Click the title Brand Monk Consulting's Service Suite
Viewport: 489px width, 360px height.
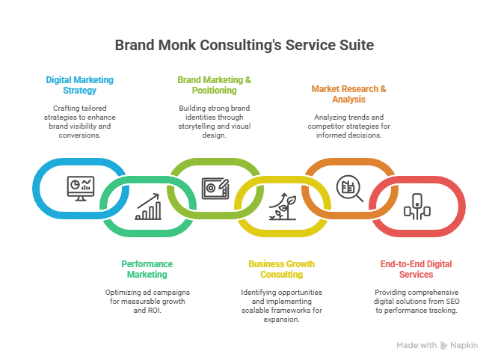244,45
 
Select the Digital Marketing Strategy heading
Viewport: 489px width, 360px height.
71,85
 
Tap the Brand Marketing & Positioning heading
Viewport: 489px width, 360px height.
214,85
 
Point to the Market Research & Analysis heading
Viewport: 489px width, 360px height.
349,94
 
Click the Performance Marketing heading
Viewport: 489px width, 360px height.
147,269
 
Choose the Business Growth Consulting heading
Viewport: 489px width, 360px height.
281,269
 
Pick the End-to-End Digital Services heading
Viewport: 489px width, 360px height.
416,269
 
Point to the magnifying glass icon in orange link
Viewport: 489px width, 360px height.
348,186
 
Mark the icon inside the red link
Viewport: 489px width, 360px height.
416,206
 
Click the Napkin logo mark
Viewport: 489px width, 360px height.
444,345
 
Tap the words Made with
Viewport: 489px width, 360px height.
416,345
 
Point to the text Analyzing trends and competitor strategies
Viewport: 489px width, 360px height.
349,126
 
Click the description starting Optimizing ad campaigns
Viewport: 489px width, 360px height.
147,299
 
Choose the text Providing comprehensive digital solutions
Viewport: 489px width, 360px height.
416,299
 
